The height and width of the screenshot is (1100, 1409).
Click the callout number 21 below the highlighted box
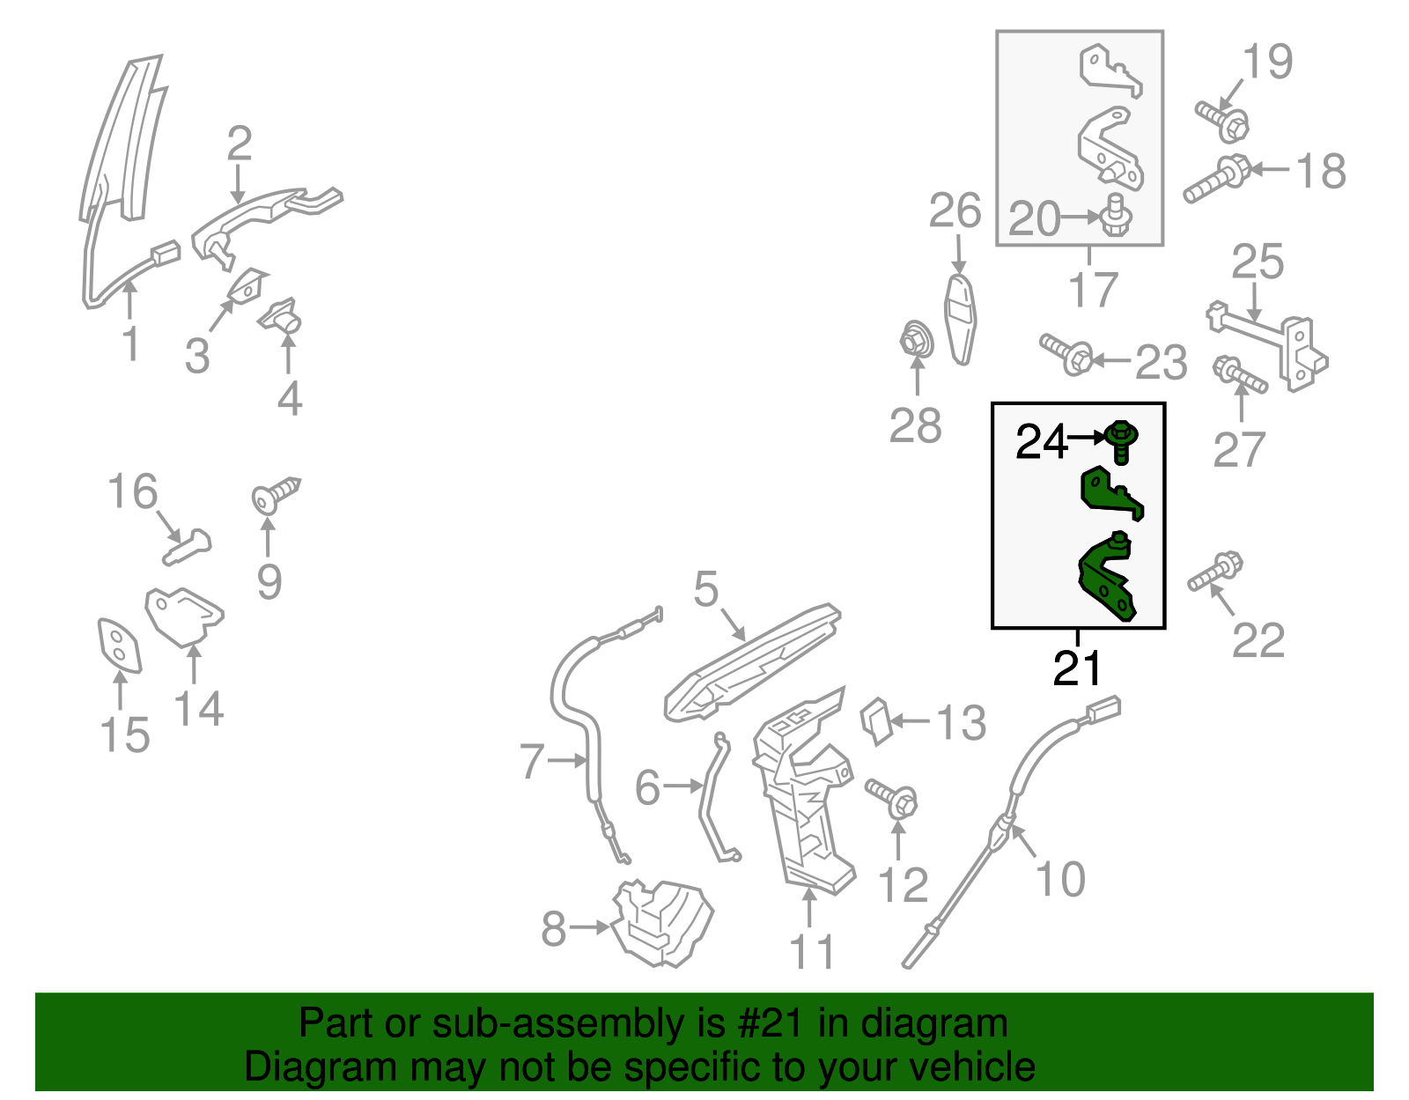pyautogui.click(x=1077, y=668)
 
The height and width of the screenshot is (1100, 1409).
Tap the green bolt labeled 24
pyautogui.click(x=1120, y=441)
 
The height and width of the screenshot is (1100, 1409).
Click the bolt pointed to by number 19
pyautogui.click(x=1223, y=122)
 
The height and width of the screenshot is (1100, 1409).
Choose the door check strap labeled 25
pyautogui.click(x=1267, y=345)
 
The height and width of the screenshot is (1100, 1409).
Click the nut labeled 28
pyautogui.click(x=917, y=338)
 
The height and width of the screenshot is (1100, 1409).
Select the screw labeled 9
pyautogui.click(x=277, y=495)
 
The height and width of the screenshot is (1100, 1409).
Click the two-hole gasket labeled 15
pyautogui.click(x=119, y=646)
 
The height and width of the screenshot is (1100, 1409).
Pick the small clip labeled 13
pyautogui.click(x=875, y=721)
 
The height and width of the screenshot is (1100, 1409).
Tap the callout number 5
pyautogui.click(x=706, y=588)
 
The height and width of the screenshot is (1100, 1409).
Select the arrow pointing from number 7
pyautogui.click(x=567, y=760)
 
